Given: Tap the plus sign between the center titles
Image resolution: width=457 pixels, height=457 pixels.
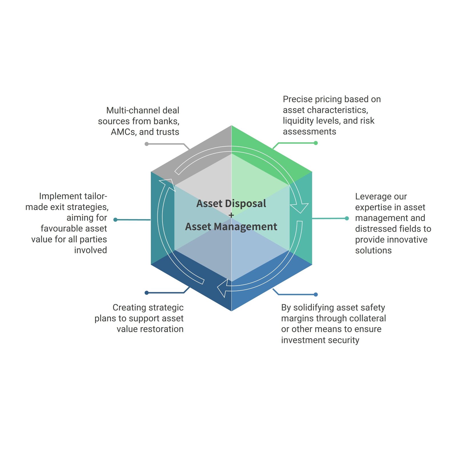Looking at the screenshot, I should pyautogui.click(x=231, y=215).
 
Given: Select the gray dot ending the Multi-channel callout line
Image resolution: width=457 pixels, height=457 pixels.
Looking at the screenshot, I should pyautogui.click(x=147, y=144).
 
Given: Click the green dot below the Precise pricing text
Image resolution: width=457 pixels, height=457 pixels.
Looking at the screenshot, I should pyautogui.click(x=316, y=143).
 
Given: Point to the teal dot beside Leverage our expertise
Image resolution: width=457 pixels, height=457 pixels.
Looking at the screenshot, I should pyautogui.click(x=347, y=219).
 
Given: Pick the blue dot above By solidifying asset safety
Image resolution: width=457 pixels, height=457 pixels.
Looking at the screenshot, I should pyautogui.click(x=316, y=294).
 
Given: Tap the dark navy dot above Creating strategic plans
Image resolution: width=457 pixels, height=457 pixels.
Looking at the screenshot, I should pyautogui.click(x=147, y=293).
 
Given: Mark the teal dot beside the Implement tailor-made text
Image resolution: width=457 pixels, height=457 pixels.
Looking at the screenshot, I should pyautogui.click(x=115, y=220).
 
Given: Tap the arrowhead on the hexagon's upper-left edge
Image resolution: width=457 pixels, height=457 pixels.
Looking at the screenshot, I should pyautogui.click(x=168, y=184).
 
